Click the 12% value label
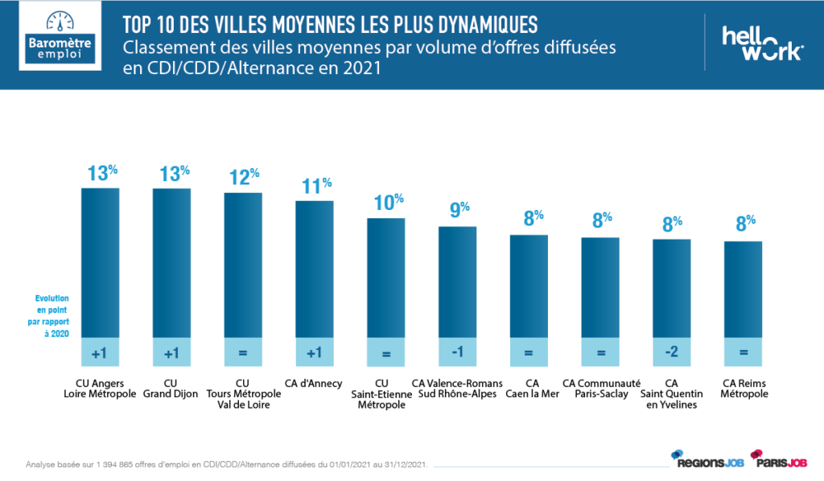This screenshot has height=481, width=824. [243, 177]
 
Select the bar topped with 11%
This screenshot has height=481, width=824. [314, 268]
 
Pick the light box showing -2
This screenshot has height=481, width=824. [671, 351]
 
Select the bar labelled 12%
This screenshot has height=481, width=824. [243, 264]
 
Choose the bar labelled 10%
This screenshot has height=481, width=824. [386, 277]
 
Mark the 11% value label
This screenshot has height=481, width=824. [315, 185]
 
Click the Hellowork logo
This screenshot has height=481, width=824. [761, 43]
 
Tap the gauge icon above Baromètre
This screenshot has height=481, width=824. [60, 21]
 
